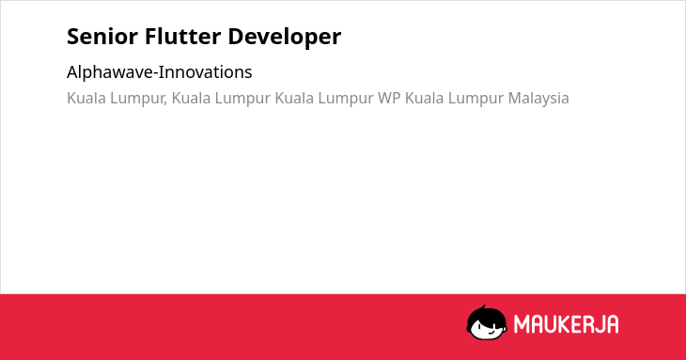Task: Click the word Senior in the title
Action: (102, 37)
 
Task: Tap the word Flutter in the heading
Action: (183, 37)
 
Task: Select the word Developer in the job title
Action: (285, 38)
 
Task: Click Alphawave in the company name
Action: (111, 72)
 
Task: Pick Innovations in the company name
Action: (207, 72)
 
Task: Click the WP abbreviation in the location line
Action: (389, 98)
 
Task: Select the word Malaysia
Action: (538, 99)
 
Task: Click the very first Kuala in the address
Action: (86, 98)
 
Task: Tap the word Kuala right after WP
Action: (425, 98)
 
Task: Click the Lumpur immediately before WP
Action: (346, 99)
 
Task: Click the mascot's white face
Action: (487, 328)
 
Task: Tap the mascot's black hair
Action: (486, 314)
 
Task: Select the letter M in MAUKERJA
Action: (521, 324)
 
